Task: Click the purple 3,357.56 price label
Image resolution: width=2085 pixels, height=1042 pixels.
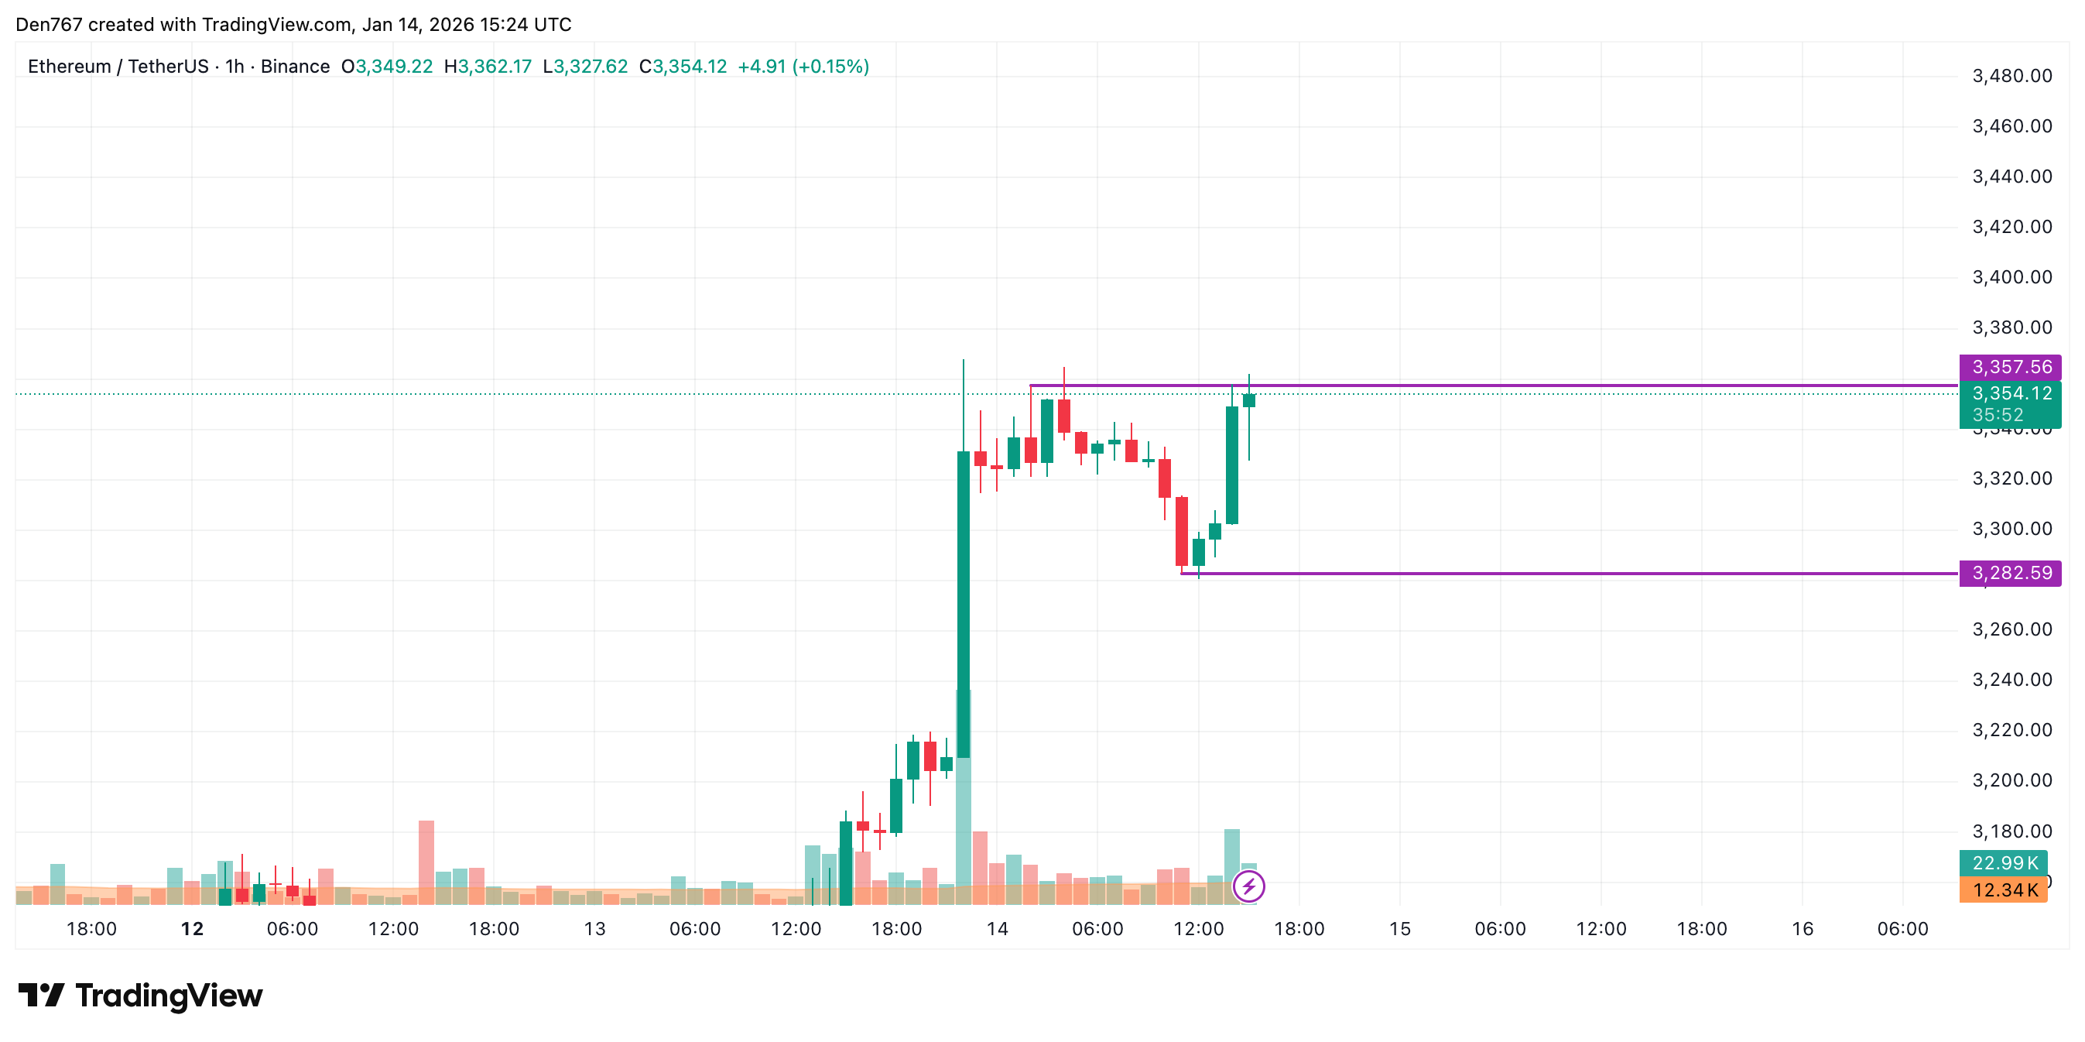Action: pos(2011,367)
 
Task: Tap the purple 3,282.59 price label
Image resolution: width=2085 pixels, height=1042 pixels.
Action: pos(2011,573)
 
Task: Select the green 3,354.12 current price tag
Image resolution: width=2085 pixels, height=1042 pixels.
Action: pos(2011,394)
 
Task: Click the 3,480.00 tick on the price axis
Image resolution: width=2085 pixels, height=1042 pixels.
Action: pos(2012,76)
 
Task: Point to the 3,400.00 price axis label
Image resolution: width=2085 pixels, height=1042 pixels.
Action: pos(2012,278)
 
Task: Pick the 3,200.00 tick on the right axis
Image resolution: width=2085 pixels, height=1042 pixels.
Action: pos(2012,780)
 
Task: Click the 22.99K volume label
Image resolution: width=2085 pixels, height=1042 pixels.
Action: pos(2004,863)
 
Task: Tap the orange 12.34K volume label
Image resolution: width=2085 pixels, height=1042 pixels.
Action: pos(2004,890)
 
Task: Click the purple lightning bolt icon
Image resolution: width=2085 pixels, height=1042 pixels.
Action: pos(1249,886)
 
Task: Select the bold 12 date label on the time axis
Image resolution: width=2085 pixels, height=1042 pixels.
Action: pos(192,930)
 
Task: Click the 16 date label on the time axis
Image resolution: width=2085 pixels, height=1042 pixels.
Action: pos(1803,930)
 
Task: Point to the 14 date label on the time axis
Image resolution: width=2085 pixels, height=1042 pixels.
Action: pos(997,930)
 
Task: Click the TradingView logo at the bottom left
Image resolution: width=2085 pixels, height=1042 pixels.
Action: pos(141,996)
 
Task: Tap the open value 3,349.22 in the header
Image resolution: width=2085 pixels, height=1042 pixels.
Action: pos(393,67)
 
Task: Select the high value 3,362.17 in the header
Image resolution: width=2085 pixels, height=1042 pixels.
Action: pos(494,67)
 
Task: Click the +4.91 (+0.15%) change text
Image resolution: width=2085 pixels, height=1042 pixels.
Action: pos(803,67)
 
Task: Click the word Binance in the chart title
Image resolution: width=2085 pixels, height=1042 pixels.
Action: pos(295,67)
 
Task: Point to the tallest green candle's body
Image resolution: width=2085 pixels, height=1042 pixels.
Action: pos(964,603)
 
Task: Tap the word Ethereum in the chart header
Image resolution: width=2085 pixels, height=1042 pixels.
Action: pos(70,67)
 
